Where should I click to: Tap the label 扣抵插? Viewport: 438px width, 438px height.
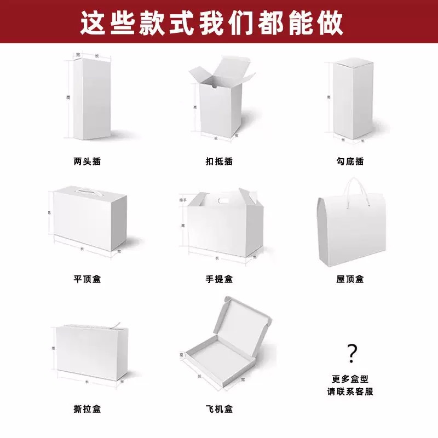pos(219,162)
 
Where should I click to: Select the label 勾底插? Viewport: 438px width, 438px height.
pos(350,162)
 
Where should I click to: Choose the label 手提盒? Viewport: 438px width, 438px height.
pos(219,279)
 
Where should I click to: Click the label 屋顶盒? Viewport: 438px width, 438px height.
pos(350,279)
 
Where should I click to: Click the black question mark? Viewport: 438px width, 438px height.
pos(353,354)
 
